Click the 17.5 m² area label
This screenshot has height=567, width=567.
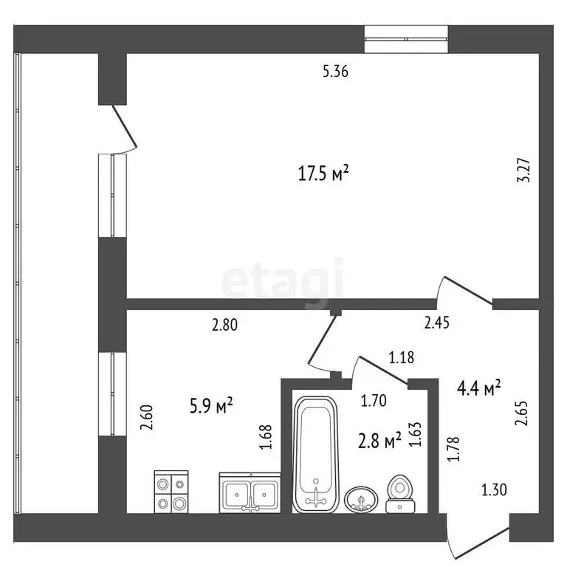tap(323, 173)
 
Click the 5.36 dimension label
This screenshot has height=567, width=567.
tap(335, 72)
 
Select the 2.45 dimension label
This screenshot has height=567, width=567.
tap(437, 322)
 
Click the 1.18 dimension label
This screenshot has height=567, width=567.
tap(401, 358)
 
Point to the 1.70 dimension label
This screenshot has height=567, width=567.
tap(373, 402)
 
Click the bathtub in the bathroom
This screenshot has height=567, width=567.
tap(315, 454)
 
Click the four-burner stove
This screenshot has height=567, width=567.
tap(171, 491)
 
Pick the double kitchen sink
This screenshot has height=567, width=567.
tap(250, 491)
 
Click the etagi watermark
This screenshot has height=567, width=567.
tap(283, 279)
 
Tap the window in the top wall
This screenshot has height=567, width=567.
tap(407, 32)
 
